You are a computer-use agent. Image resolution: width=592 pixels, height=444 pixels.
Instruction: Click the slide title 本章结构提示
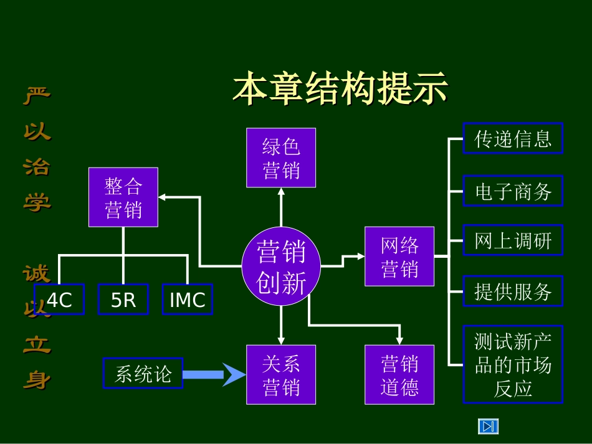click(x=340, y=89)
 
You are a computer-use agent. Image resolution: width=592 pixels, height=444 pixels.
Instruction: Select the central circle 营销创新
click(x=281, y=267)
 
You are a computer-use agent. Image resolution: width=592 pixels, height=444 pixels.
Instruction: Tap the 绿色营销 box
click(x=281, y=158)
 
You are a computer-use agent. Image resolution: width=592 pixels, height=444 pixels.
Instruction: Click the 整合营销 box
click(x=123, y=197)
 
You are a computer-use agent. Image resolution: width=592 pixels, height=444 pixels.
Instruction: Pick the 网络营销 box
click(x=399, y=257)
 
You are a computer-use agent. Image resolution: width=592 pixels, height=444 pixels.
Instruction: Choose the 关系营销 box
click(x=281, y=374)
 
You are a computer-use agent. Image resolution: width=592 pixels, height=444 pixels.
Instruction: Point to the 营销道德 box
click(x=399, y=374)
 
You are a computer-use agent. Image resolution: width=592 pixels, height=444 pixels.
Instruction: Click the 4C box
click(x=59, y=300)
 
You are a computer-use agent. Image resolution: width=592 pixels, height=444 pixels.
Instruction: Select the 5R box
click(x=123, y=300)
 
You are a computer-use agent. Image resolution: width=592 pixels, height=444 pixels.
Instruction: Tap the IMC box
click(x=187, y=300)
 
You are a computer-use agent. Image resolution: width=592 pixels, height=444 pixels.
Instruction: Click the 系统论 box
click(x=143, y=373)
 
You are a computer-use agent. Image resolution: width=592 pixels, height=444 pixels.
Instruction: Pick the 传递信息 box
click(x=513, y=138)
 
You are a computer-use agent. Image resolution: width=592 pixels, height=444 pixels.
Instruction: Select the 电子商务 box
click(x=513, y=191)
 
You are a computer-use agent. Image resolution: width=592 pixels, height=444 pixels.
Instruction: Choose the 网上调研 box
click(x=513, y=240)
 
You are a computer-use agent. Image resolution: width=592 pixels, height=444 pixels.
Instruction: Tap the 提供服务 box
click(x=513, y=291)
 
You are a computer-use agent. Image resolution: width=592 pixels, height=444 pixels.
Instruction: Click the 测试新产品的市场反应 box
click(x=513, y=364)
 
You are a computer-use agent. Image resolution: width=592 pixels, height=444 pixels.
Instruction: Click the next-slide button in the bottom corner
click(x=489, y=426)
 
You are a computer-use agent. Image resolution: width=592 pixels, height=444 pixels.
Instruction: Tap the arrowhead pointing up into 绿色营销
click(x=281, y=192)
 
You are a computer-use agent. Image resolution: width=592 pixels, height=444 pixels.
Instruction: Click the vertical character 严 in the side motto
click(x=37, y=95)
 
